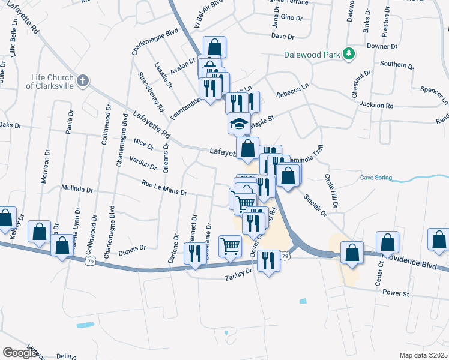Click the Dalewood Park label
pyautogui.click(x=311, y=55)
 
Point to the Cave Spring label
pyautogui.click(x=376, y=178)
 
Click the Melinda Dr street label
pyautogui.click(x=77, y=188)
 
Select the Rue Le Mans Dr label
pyautogui.click(x=165, y=188)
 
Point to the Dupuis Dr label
pyautogui.click(x=133, y=248)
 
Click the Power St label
pyautogui.click(x=396, y=294)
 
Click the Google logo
pyautogui.click(x=20, y=352)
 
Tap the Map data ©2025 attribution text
pyautogui.click(x=423, y=355)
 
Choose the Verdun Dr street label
pyautogui.click(x=143, y=163)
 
